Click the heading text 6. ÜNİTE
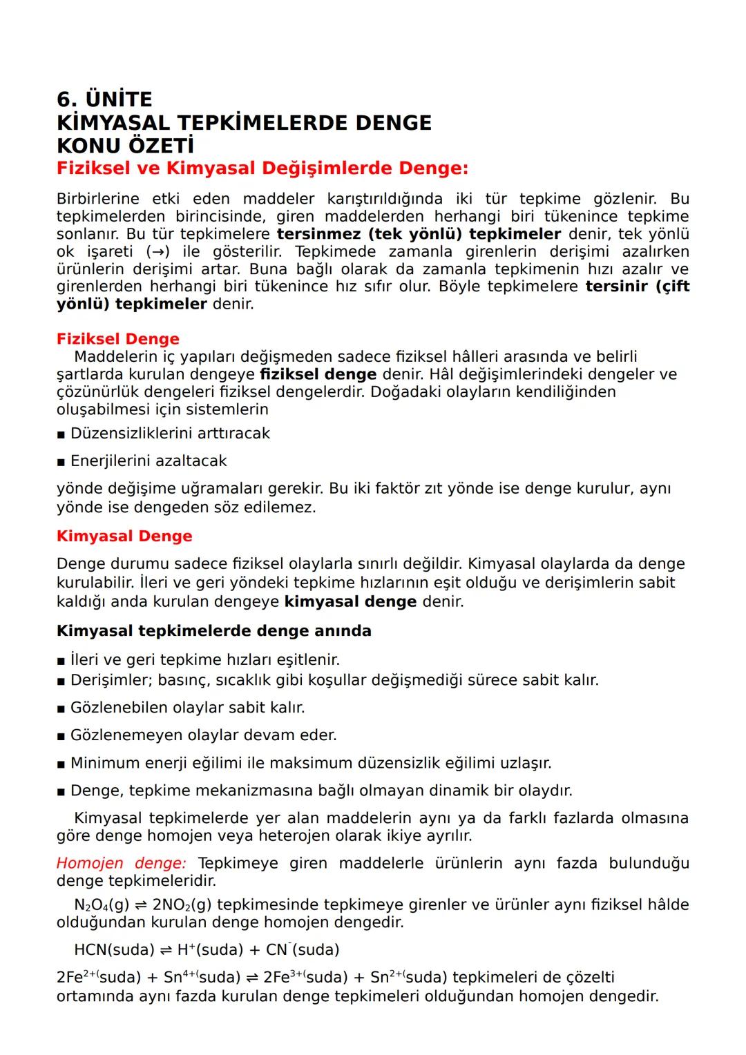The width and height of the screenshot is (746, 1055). coord(104,99)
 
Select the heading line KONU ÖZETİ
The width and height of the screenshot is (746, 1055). coord(125,146)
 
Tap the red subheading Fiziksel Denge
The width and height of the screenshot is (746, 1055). coord(117,339)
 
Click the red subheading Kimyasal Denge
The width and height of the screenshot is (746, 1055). coord(124,536)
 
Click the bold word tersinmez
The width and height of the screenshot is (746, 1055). coord(318,234)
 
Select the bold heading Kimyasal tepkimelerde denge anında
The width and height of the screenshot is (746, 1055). coord(213,631)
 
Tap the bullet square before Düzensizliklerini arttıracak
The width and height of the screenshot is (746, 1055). coord(61,434)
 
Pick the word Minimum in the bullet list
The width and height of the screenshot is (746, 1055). coord(106,764)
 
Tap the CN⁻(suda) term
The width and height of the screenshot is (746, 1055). coord(303,950)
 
